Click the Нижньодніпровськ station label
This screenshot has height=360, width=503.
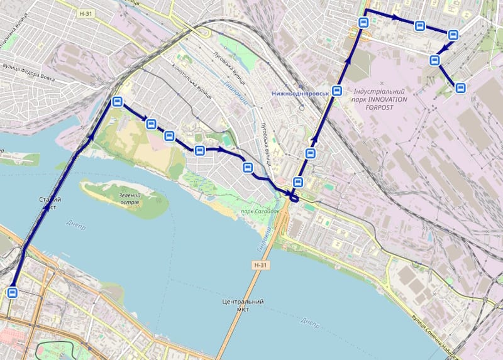click(x=300, y=92)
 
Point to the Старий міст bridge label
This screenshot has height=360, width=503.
click(x=49, y=203)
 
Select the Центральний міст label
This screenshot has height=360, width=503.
click(x=243, y=306)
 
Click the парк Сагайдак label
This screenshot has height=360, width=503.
click(x=260, y=211)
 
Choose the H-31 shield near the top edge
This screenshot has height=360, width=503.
click(x=87, y=13)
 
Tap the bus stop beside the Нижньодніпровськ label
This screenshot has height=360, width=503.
click(x=338, y=90)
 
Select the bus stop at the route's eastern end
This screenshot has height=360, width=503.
click(x=461, y=88)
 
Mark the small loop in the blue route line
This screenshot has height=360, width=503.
click(x=294, y=197)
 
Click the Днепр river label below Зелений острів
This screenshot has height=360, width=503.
click(x=75, y=223)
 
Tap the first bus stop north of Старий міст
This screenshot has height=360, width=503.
click(x=116, y=102)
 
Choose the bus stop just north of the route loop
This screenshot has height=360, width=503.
click(x=298, y=183)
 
